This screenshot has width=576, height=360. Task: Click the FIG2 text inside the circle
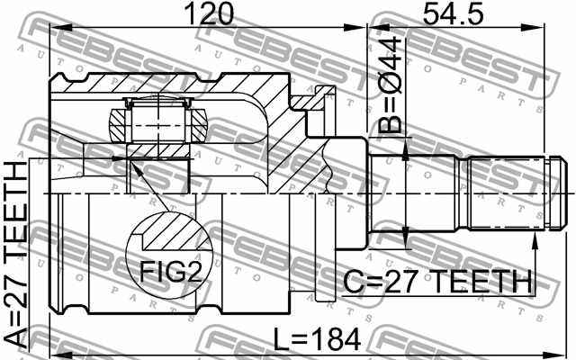coord(170,270)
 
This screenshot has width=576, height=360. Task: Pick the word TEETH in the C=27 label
coord(479,283)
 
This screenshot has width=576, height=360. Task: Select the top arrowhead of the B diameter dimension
coord(406,144)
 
